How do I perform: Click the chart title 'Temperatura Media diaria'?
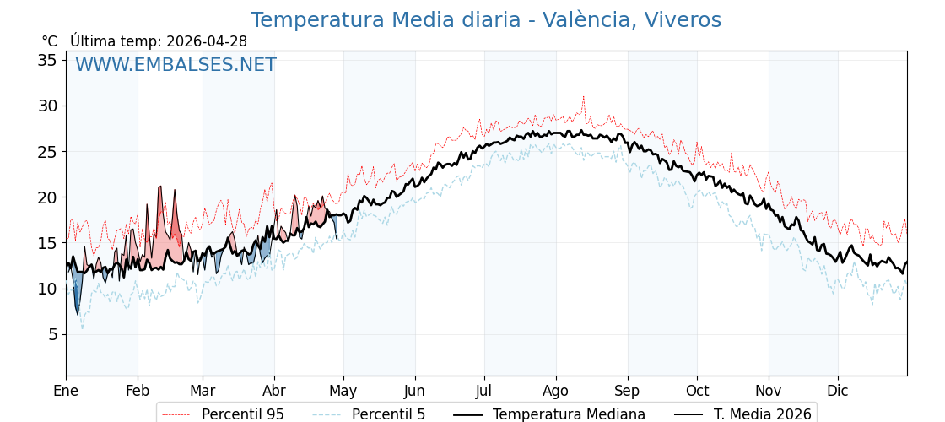click(386, 20)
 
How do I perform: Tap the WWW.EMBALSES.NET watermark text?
click(176, 64)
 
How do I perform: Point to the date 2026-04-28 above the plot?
click(207, 41)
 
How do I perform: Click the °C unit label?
click(50, 41)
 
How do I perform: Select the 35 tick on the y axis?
click(48, 60)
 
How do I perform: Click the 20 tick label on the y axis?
click(48, 197)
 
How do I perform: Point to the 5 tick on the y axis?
click(53, 334)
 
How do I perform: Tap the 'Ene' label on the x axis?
click(67, 391)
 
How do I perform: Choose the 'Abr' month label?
click(275, 391)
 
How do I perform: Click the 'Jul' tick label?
click(484, 391)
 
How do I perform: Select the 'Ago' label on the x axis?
click(556, 392)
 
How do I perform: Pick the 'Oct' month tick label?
click(697, 391)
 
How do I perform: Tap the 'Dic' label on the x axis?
click(838, 391)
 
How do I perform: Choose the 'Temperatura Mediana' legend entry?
click(548, 414)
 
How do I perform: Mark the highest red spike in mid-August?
click(583, 97)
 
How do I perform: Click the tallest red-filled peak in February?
click(160, 187)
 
